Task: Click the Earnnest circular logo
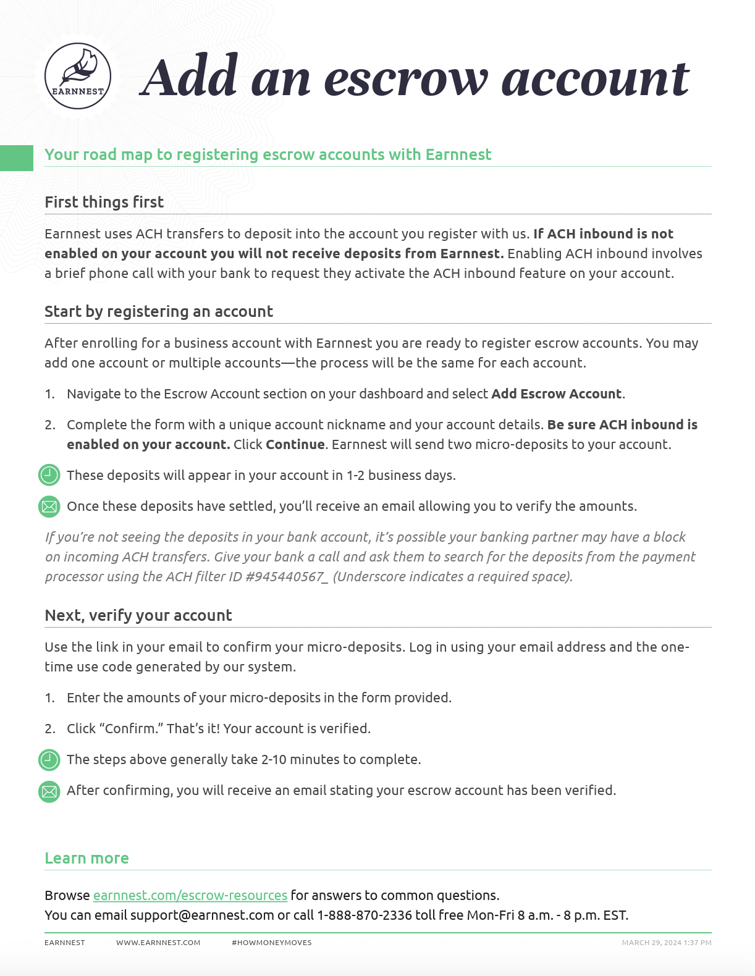(78, 76)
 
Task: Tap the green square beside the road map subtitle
(16, 158)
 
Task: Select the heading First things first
(104, 202)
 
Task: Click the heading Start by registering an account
(159, 311)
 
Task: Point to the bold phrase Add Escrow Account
(556, 394)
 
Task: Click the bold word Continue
(295, 445)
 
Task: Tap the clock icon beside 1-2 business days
(49, 475)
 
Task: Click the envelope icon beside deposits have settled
(49, 507)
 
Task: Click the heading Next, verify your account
(138, 615)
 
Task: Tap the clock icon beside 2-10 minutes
(49, 760)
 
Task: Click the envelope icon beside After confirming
(49, 791)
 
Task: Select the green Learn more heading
(86, 858)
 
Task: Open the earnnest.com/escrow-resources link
(190, 896)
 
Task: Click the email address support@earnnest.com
(202, 915)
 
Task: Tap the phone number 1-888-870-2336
(365, 915)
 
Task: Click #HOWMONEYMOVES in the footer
(272, 943)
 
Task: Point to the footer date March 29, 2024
(651, 943)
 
